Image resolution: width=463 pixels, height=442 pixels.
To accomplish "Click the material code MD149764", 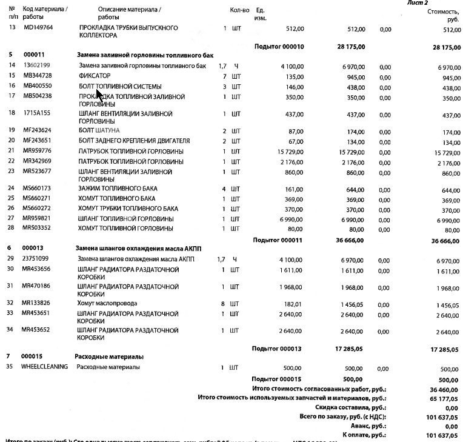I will click(x=38, y=28).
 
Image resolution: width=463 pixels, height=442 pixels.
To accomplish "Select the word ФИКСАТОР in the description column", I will click(x=95, y=76).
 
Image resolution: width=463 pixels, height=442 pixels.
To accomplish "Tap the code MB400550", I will click(x=38, y=86).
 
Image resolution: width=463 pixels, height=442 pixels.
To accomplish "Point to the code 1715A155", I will click(x=37, y=113).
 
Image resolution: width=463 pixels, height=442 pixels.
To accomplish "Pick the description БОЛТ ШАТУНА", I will click(x=99, y=130).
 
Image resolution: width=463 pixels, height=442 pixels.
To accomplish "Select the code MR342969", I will click(x=38, y=161).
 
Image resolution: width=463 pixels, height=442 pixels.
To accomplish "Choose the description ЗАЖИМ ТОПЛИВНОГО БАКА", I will click(x=118, y=189).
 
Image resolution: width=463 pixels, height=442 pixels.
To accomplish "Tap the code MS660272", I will click(x=37, y=208).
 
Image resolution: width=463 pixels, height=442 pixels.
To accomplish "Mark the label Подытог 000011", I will click(x=278, y=240).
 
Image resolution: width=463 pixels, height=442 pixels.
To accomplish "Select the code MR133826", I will click(x=37, y=303).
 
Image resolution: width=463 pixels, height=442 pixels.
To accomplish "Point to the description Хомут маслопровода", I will click(x=107, y=303).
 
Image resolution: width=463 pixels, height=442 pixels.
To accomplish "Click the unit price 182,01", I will click(x=292, y=303).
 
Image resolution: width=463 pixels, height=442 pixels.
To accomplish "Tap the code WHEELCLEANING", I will click(x=44, y=367).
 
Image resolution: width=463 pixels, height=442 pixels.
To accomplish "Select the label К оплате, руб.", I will click(x=364, y=435).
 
